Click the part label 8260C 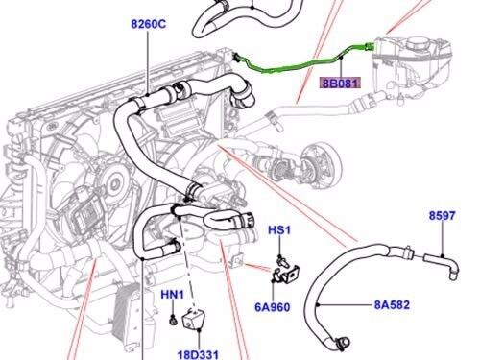pos(149,24)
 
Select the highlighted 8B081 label pos(341,84)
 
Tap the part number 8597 pos(442,215)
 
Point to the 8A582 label pos(392,304)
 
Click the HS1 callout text pos(279,229)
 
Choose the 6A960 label pos(273,307)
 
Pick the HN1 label pos(172,295)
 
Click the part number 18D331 pos(198,354)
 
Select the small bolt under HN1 pos(173,320)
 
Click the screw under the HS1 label pos(281,259)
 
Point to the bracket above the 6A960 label pos(286,274)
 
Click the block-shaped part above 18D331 pos(194,318)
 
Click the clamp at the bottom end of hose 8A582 pos(342,343)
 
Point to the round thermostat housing pos(322,165)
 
